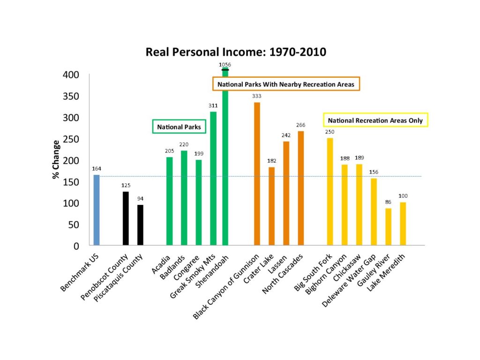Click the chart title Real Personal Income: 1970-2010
click(x=236, y=52)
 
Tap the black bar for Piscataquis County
click(x=140, y=225)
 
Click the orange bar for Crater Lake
click(x=271, y=206)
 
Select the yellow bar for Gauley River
click(x=388, y=227)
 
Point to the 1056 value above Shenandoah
click(x=225, y=64)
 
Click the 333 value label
click(x=256, y=96)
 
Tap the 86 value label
click(x=388, y=202)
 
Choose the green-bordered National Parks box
click(x=172, y=127)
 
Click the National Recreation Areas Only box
click(x=375, y=120)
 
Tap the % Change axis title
click(x=56, y=159)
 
